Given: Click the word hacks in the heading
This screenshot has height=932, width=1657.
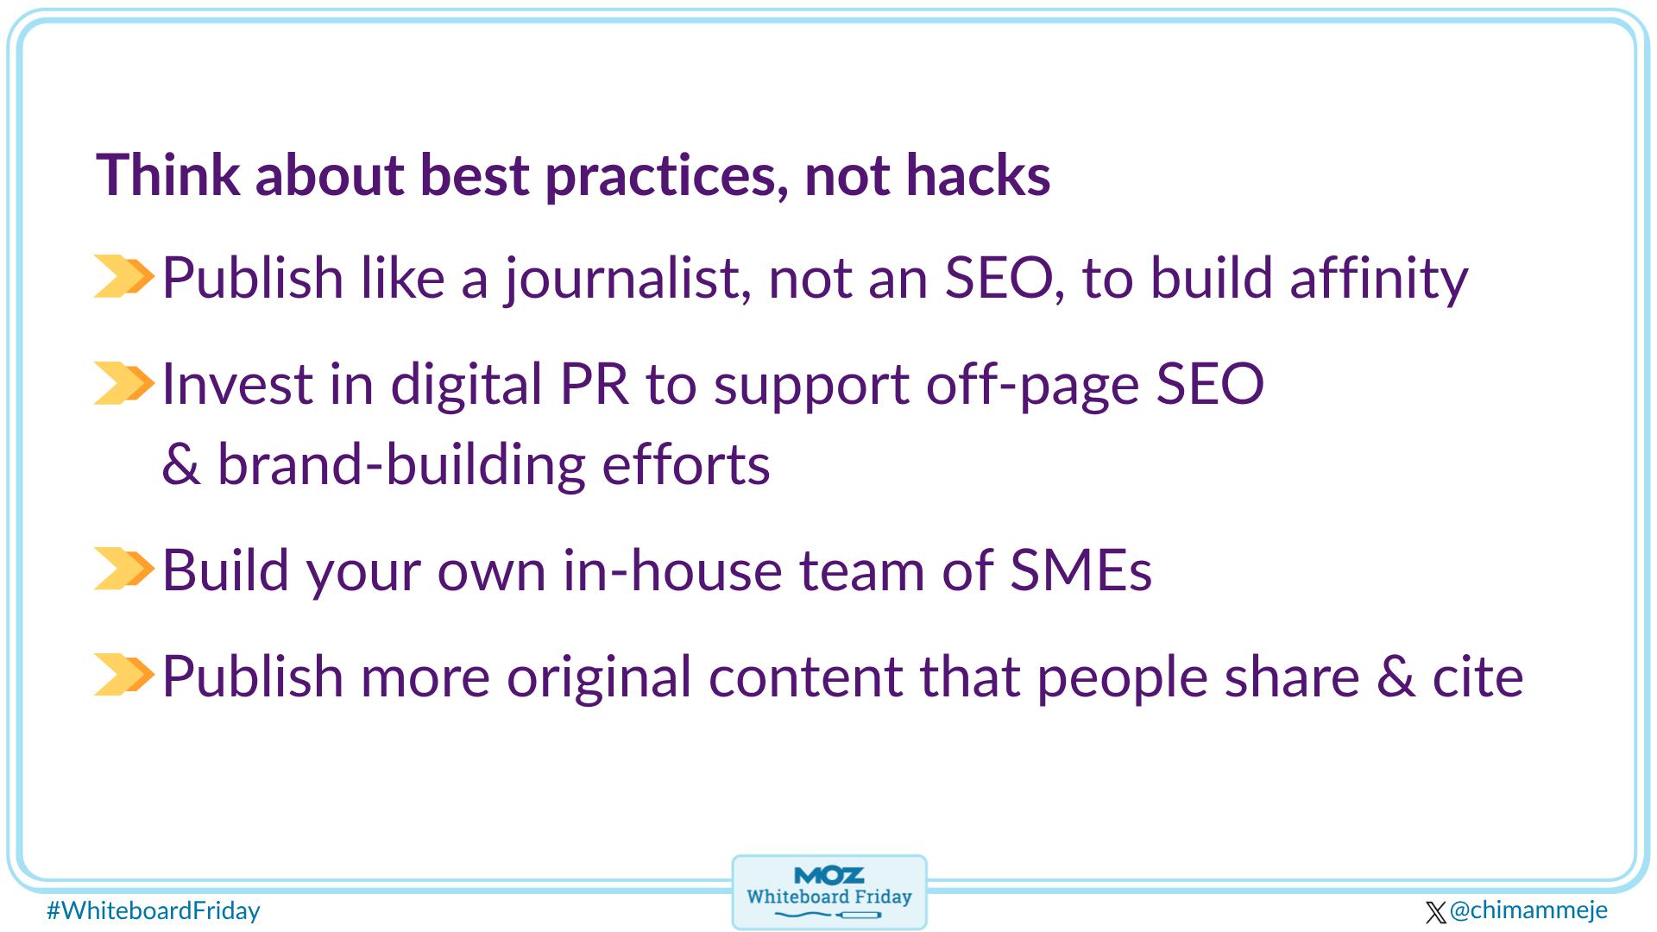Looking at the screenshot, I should click(x=978, y=175).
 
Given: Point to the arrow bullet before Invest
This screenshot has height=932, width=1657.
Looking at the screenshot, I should click(x=123, y=383).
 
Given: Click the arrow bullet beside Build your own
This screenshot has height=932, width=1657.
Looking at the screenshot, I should click(x=123, y=569).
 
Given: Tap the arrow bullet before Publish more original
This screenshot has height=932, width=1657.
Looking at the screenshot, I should click(x=123, y=674).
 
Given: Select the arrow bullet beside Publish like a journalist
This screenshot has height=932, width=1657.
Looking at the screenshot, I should click(x=123, y=277).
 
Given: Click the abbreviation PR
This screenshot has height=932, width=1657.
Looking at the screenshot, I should click(x=594, y=384).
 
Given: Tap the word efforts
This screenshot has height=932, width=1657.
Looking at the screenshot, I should click(x=685, y=464).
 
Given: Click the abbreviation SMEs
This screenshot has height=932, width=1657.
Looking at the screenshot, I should click(x=1080, y=570).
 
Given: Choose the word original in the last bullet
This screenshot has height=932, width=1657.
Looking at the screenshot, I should click(x=599, y=677).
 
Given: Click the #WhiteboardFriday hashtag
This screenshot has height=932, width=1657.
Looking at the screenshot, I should click(x=153, y=911).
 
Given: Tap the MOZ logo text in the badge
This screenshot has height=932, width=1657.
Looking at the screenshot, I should click(x=828, y=876).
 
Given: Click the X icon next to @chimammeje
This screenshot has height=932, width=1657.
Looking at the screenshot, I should click(x=1436, y=912).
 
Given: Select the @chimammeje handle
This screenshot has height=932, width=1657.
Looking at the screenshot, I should click(x=1528, y=910).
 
